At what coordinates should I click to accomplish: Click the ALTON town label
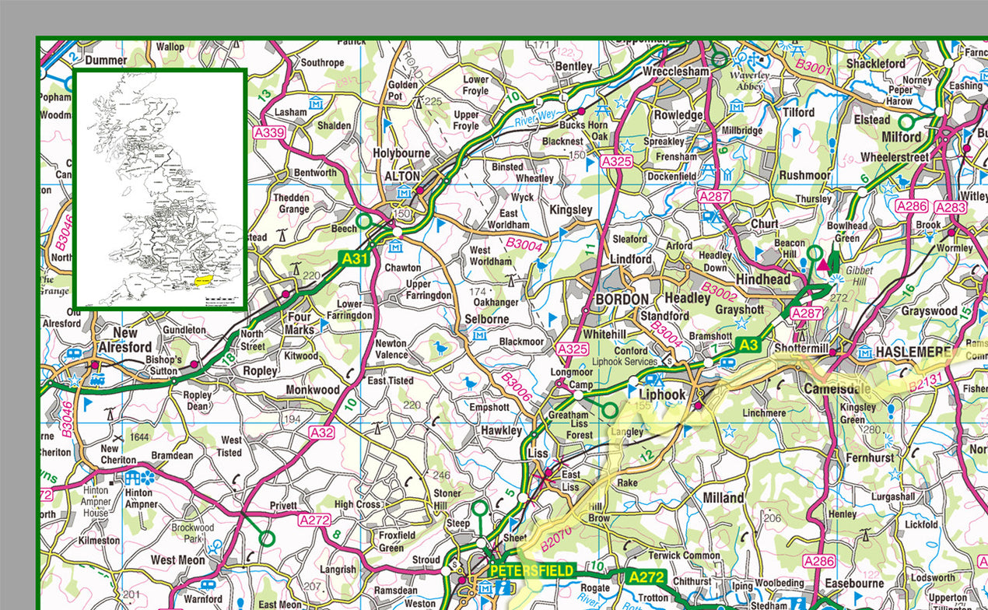tap(402, 177)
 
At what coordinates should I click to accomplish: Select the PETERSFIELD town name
tap(531, 571)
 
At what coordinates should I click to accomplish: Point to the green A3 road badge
tap(748, 345)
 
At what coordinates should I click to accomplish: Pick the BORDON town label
tap(621, 300)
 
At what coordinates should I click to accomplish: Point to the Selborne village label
tap(487, 319)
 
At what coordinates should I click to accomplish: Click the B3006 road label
tap(516, 387)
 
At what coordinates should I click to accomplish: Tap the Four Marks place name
tap(300, 323)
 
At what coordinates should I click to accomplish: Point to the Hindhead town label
tap(763, 279)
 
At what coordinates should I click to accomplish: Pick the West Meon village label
tap(178, 560)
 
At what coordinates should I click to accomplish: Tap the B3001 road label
tap(813, 67)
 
